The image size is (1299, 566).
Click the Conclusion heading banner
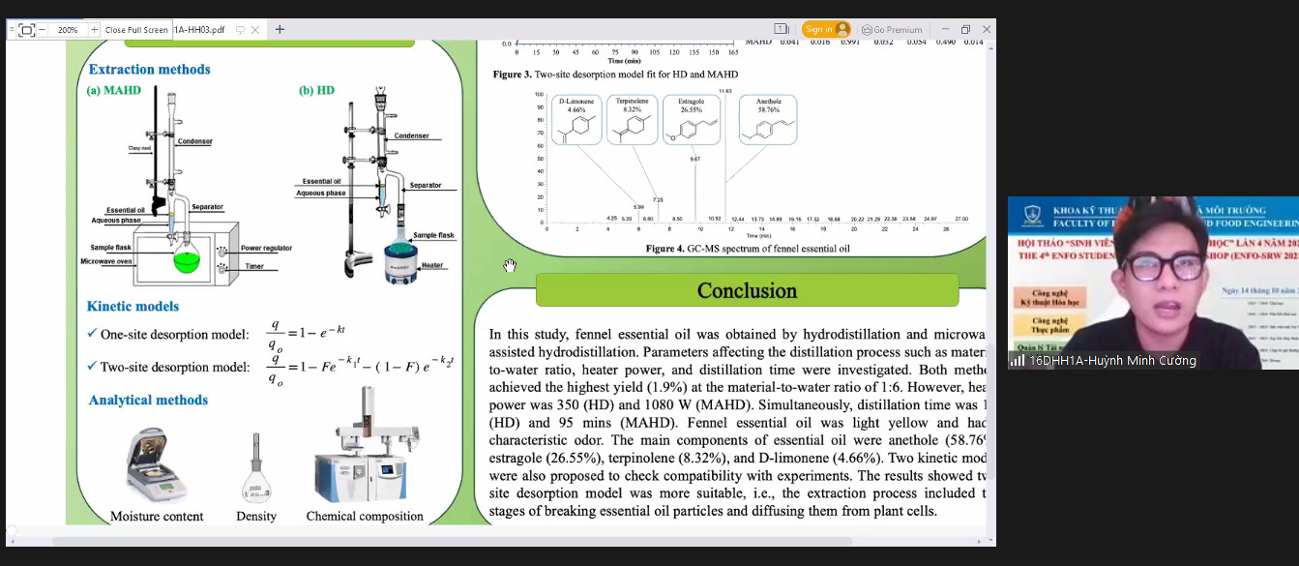(747, 290)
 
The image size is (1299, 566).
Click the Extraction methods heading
(149, 70)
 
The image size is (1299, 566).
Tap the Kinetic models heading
(133, 307)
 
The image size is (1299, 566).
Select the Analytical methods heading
(148, 401)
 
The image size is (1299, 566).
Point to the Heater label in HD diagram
(431, 265)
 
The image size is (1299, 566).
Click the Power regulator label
(266, 249)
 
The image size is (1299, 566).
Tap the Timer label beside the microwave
(254, 267)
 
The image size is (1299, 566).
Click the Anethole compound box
(769, 120)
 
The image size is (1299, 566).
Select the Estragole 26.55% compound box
(691, 120)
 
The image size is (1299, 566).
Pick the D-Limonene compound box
(576, 120)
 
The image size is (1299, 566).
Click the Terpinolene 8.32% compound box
(632, 120)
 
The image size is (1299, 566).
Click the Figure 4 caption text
(748, 249)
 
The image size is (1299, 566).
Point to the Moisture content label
(157, 517)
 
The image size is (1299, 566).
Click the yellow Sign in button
(826, 29)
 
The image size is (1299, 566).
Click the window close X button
(987, 29)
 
